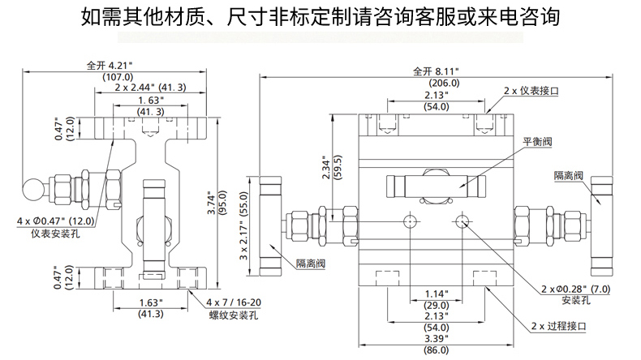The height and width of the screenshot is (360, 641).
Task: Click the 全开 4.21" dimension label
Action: coord(109,64)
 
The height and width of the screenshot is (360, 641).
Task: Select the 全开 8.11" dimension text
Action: coord(435,71)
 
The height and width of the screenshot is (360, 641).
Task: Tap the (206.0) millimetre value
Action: coord(443,83)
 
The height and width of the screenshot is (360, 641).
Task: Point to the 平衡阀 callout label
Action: coord(538,141)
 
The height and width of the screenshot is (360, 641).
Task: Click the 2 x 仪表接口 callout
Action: coord(532,90)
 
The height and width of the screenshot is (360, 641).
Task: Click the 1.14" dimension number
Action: coord(437,293)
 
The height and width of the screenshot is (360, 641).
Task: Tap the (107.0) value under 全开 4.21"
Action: coord(118,76)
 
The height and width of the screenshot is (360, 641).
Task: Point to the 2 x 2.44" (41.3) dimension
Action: coord(150,88)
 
